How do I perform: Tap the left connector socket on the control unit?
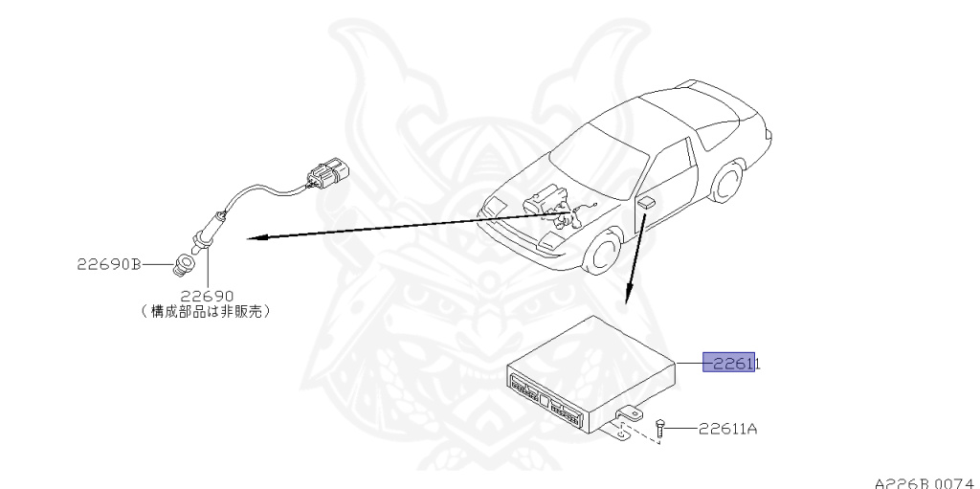pos(525,388)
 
